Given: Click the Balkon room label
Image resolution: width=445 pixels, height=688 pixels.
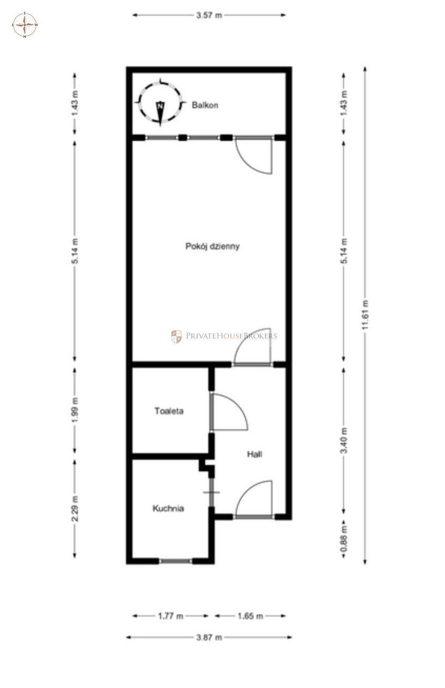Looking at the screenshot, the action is tap(205, 105).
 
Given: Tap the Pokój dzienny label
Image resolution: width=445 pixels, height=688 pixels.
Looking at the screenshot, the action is tap(213, 246).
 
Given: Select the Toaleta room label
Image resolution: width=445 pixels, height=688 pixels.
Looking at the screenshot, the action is tap(169, 411).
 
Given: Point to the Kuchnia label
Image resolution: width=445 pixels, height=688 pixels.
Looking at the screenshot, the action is tap(168, 508).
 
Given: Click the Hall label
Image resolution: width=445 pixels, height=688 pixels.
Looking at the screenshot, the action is tap(255, 454).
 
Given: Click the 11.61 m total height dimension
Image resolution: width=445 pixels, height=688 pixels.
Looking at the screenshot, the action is tap(365, 315).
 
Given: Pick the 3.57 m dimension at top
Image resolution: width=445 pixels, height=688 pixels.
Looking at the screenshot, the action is tap(209, 15).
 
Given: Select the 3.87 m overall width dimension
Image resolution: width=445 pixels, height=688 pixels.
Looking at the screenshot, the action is tap(209, 638).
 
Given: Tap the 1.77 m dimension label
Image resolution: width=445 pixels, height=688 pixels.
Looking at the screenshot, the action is tap(171, 616).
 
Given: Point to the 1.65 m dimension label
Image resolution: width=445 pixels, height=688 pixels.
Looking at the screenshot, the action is tap(250, 616).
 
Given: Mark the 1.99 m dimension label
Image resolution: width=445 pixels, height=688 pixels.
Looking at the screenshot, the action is tap(75, 410).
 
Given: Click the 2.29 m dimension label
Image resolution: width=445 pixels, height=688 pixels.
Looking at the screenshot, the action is tap(75, 508).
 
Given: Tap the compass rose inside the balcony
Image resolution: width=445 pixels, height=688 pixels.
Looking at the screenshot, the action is tap(160, 103).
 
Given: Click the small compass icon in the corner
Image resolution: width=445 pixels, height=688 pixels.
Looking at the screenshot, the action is tap(25, 25).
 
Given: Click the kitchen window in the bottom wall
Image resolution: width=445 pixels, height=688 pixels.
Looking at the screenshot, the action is tap(175, 561).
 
